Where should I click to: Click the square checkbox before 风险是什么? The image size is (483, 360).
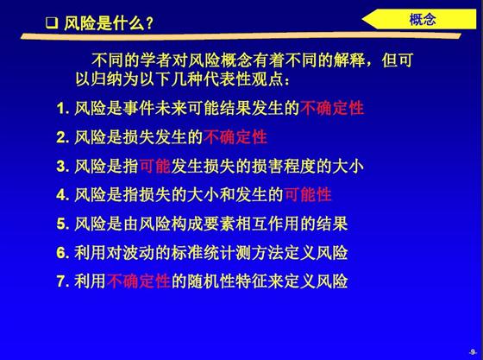[52, 23]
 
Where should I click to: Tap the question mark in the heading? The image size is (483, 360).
[149, 23]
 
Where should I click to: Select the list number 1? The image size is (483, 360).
[61, 109]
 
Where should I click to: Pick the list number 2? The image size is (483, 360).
[61, 137]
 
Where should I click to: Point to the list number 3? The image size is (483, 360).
[61, 167]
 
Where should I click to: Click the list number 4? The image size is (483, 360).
[61, 195]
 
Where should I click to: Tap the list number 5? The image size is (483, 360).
[61, 224]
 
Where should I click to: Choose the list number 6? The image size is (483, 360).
[61, 253]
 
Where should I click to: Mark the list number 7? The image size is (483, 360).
[61, 281]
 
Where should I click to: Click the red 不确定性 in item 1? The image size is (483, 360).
[332, 108]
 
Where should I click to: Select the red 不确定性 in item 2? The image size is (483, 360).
[235, 137]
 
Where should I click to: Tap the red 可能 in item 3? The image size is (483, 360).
[155, 166]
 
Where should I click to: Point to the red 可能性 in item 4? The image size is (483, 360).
[308, 195]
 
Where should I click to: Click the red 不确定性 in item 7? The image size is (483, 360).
[139, 281]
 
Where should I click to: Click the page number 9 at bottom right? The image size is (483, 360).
[473, 352]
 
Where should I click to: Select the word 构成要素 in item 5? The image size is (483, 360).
[203, 224]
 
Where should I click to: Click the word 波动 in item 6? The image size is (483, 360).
[139, 252]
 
